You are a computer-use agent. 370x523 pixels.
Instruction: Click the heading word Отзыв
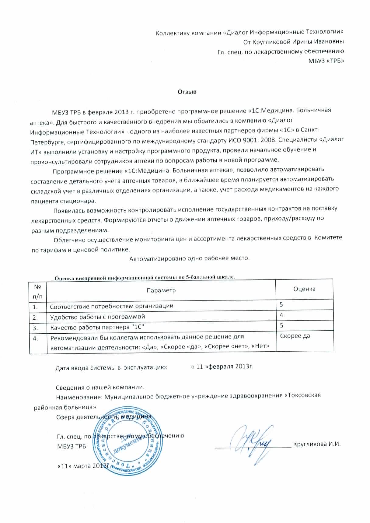pyautogui.click(x=187, y=92)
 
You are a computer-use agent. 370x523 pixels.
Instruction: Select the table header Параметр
pyautogui.click(x=161, y=290)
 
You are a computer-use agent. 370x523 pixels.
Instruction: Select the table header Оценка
pyautogui.click(x=304, y=289)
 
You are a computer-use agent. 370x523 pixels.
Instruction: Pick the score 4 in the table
pyautogui.click(x=282, y=315)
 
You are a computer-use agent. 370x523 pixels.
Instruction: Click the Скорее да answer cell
pyautogui.click(x=295, y=336)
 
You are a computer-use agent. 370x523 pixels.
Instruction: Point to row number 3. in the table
pyautogui.click(x=35, y=328)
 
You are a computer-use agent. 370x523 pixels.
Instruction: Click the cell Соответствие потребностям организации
pyautogui.click(x=112, y=306)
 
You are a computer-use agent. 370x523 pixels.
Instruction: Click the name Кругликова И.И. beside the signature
pyautogui.click(x=316, y=444)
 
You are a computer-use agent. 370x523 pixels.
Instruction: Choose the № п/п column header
pyautogui.click(x=38, y=291)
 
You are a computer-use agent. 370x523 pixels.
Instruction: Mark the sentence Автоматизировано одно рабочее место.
pyautogui.click(x=190, y=259)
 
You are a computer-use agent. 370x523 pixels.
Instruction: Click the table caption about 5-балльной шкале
pyautogui.click(x=145, y=277)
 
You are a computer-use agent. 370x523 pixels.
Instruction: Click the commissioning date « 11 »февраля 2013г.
pyautogui.click(x=222, y=366)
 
